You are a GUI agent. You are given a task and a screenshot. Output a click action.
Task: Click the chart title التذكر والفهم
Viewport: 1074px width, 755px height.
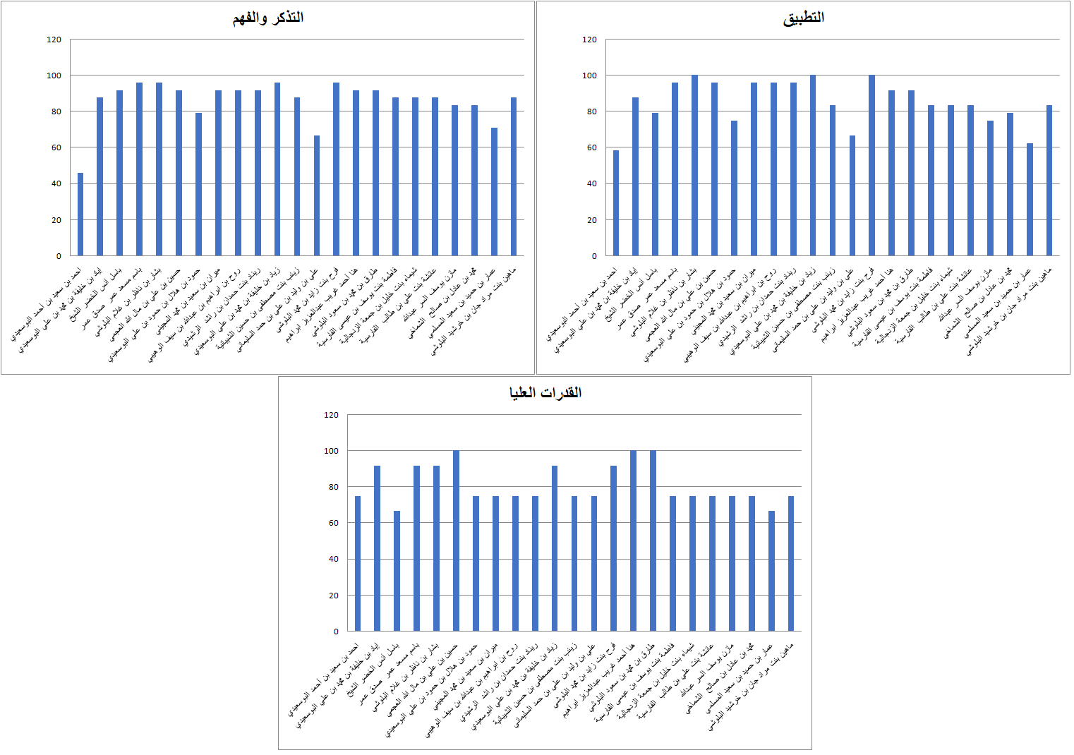coord(268,18)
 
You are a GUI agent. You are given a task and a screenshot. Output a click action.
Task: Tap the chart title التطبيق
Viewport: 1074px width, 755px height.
coord(803,18)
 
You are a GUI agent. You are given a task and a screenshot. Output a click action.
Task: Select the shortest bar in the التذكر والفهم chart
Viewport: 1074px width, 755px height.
coord(80,215)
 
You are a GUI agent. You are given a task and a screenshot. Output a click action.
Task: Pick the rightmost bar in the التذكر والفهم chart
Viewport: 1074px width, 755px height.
coord(514,176)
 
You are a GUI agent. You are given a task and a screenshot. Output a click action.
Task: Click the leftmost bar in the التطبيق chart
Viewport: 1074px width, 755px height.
coord(616,203)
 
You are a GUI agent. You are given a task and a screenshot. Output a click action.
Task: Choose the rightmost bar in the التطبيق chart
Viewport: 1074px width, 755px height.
coord(1049,181)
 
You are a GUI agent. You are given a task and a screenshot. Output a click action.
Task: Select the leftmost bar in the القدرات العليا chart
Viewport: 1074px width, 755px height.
coord(358,564)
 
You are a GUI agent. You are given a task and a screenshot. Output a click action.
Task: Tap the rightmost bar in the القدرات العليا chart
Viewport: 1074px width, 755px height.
coord(791,564)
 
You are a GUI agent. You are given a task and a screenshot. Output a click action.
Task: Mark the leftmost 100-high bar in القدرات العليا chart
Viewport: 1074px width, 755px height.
coord(456,540)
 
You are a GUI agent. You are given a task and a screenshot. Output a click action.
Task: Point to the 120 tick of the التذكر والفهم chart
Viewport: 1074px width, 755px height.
coord(54,40)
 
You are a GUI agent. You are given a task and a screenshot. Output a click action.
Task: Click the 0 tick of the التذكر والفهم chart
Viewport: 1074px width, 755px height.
coord(59,256)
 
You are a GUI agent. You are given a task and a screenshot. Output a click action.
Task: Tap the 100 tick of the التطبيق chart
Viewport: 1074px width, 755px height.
coord(590,75)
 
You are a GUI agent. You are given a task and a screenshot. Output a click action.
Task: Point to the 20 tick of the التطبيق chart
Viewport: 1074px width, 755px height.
coord(592,220)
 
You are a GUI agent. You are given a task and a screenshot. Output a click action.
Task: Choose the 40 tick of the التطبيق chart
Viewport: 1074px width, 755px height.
coord(592,183)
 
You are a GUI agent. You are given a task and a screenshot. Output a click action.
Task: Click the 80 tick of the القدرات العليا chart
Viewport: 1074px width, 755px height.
coord(331,487)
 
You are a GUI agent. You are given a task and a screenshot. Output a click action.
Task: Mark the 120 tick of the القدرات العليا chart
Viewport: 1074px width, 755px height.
coord(331,415)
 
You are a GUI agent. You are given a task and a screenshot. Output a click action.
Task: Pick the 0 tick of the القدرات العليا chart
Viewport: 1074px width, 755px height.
coord(336,632)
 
